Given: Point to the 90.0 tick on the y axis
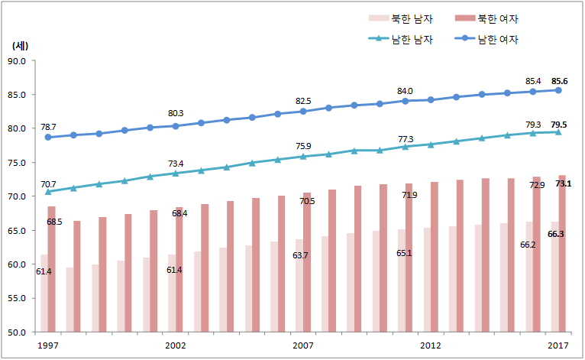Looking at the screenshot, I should point(17,61).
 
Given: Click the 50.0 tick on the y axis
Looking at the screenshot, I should point(17,332).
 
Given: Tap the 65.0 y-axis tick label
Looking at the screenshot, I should point(17,231).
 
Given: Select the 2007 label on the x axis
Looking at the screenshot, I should point(303,345).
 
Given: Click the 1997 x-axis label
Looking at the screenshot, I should point(47,345).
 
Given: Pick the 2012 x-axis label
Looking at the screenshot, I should point(431,345).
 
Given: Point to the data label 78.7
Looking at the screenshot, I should point(49,127).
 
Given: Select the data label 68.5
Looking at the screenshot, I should point(54,222).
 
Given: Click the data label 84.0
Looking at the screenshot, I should point(405,91).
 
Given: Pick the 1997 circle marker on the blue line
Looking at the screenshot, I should point(47,138).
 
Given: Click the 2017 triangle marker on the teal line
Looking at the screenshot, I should point(558,132).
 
